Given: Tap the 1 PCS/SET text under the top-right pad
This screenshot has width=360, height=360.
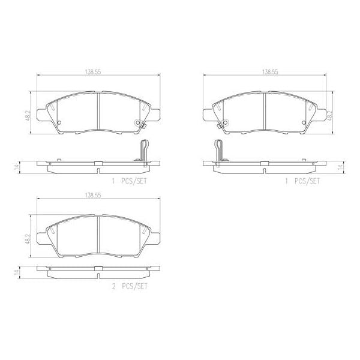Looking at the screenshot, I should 303,181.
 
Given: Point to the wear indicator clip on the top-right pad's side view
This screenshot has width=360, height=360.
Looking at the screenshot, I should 218,150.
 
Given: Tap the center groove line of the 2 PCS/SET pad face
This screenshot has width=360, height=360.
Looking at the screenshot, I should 98,229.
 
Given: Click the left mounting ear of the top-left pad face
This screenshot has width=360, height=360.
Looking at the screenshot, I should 41,113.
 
